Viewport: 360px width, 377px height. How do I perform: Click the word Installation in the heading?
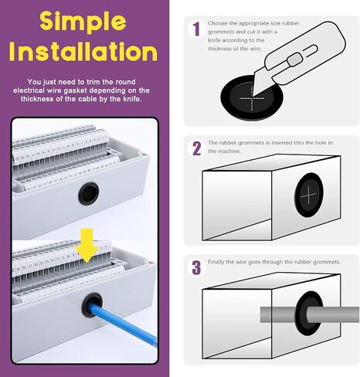click(x=83, y=52)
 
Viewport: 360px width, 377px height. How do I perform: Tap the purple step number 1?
click(x=196, y=29)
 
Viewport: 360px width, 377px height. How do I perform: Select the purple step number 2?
click(x=196, y=148)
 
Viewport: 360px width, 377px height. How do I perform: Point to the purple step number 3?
click(x=196, y=268)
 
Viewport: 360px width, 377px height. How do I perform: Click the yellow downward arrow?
click(x=87, y=246)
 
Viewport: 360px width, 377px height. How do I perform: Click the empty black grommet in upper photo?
click(x=89, y=193)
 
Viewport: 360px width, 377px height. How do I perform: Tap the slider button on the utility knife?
click(x=294, y=59)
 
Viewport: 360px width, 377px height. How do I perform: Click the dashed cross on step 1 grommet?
click(x=252, y=98)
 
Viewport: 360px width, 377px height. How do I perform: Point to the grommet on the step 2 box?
click(x=309, y=195)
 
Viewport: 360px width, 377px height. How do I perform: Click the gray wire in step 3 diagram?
click(x=309, y=314)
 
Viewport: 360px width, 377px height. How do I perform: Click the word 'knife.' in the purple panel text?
click(x=132, y=99)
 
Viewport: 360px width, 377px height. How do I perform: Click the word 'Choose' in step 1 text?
click(x=218, y=23)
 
